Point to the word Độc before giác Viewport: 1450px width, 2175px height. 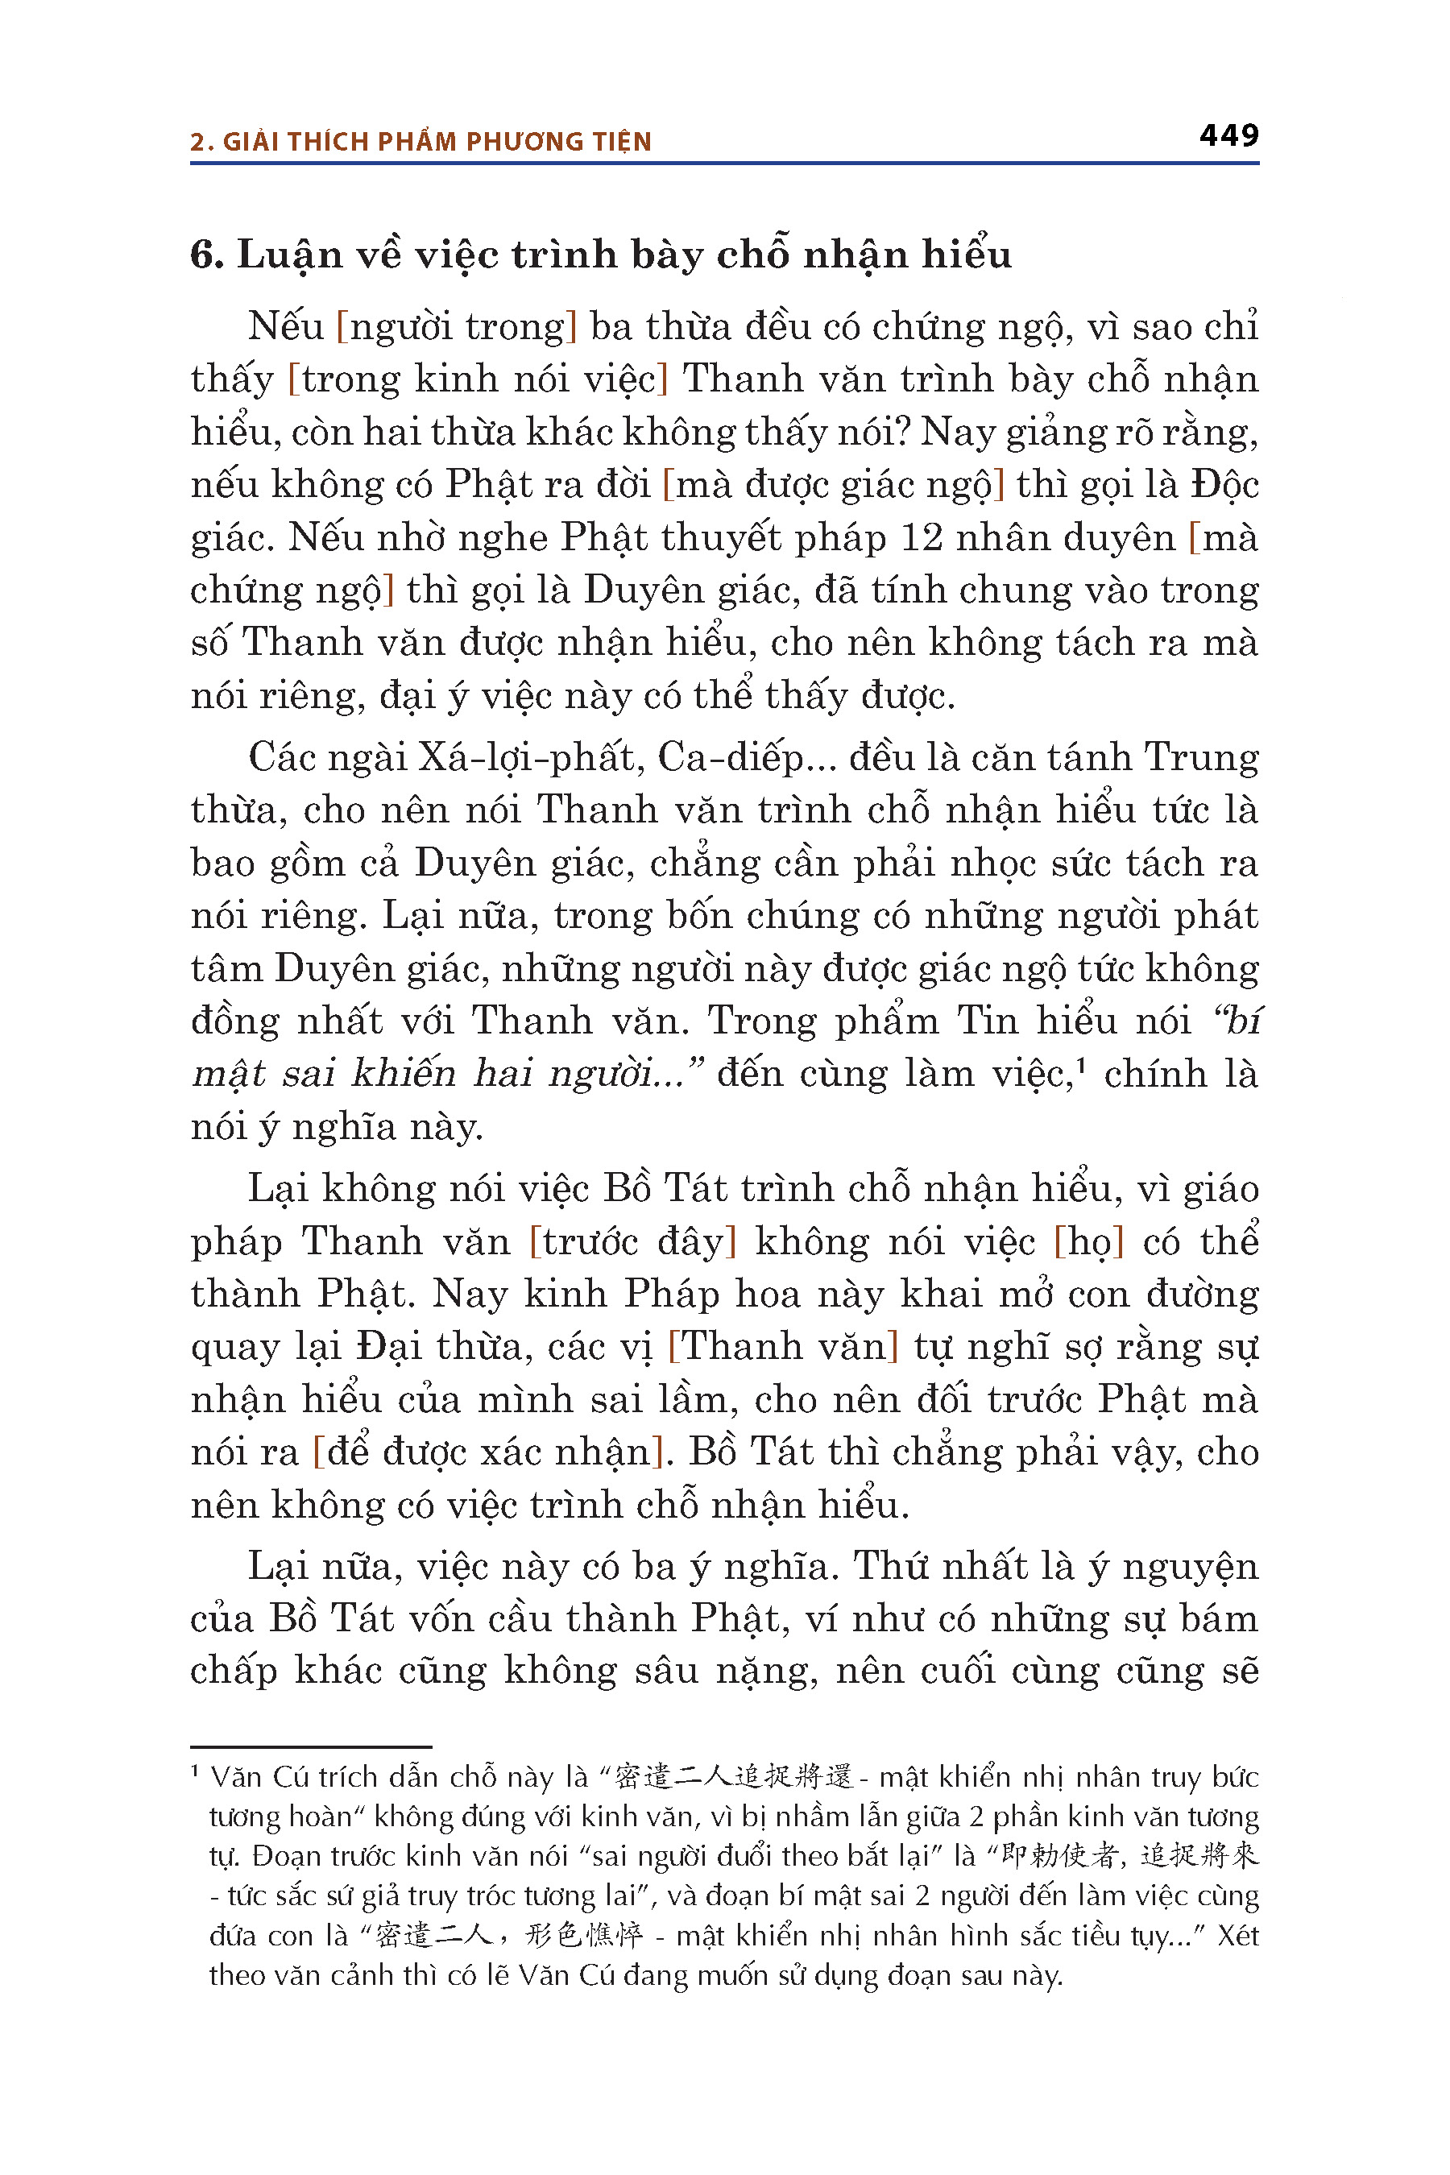tap(1224, 485)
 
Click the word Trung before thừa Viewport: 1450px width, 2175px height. tap(1201, 757)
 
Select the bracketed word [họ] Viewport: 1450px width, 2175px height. tap(1088, 1241)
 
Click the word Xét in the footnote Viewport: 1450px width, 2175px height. tap(1237, 1936)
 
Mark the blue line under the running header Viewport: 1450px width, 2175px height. tap(724, 164)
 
